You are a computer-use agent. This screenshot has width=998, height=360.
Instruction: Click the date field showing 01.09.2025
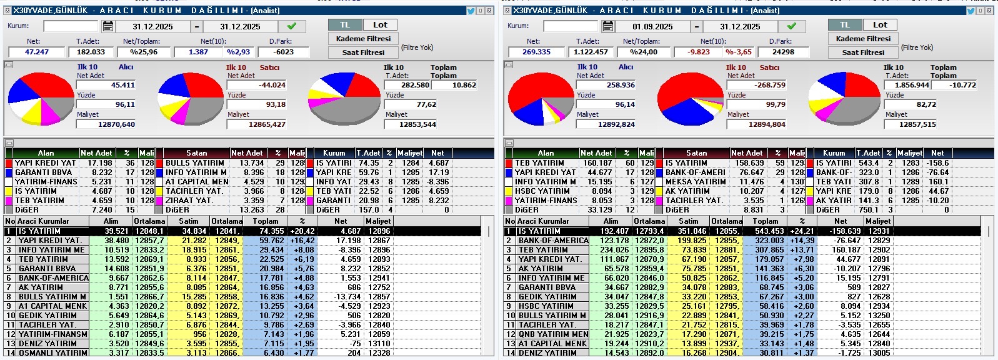[652, 27]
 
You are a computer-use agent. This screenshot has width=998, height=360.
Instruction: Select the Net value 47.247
[37, 52]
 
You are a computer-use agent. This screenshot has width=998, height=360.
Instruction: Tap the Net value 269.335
[536, 52]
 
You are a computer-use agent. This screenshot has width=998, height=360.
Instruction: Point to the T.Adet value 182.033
[91, 52]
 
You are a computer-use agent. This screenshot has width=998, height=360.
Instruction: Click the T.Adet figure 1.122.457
[591, 52]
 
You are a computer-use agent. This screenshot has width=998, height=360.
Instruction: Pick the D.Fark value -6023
[284, 52]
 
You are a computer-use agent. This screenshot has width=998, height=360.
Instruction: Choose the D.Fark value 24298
[783, 52]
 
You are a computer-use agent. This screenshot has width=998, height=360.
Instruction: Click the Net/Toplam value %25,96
[144, 52]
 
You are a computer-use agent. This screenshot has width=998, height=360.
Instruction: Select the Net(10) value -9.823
[699, 52]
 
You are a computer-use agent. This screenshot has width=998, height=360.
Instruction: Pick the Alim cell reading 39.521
[116, 231]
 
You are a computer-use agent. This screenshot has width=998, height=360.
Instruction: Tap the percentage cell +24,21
[802, 231]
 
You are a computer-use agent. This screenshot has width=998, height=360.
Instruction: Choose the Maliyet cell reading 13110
[379, 344]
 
